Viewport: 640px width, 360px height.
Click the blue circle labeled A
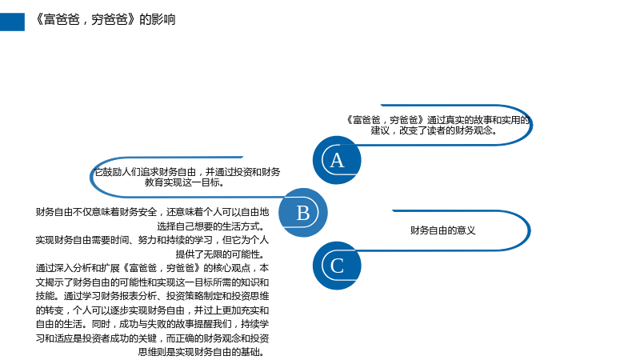click(x=337, y=160)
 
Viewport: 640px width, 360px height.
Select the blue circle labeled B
click(x=303, y=212)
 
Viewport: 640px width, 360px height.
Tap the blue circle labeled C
click(x=337, y=266)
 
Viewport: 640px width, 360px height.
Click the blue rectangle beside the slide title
click(x=12, y=22)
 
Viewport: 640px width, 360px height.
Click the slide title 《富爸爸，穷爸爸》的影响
click(x=106, y=19)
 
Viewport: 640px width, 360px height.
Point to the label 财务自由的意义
click(x=443, y=230)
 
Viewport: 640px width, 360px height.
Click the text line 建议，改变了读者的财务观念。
click(x=434, y=130)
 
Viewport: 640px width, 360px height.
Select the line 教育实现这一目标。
click(x=185, y=182)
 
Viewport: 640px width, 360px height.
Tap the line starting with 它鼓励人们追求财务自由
click(x=187, y=172)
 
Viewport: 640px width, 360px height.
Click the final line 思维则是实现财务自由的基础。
click(x=203, y=352)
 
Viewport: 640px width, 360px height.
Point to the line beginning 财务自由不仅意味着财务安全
click(x=152, y=212)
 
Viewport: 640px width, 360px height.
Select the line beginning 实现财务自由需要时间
click(x=152, y=240)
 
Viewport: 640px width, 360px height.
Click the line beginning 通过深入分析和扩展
click(x=152, y=268)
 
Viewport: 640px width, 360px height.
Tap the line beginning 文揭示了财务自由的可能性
click(x=152, y=282)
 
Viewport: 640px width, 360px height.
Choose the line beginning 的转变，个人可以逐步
click(x=152, y=310)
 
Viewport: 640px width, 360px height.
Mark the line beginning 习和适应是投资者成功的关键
click(x=152, y=338)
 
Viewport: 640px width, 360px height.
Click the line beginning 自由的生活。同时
click(x=152, y=324)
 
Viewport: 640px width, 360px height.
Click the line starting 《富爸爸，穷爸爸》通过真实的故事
click(x=438, y=120)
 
